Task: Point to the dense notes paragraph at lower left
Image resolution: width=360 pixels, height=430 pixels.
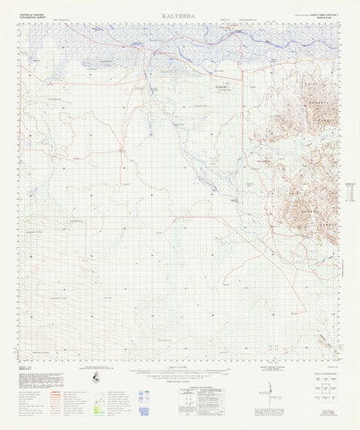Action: pyautogui.click(x=36, y=376)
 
